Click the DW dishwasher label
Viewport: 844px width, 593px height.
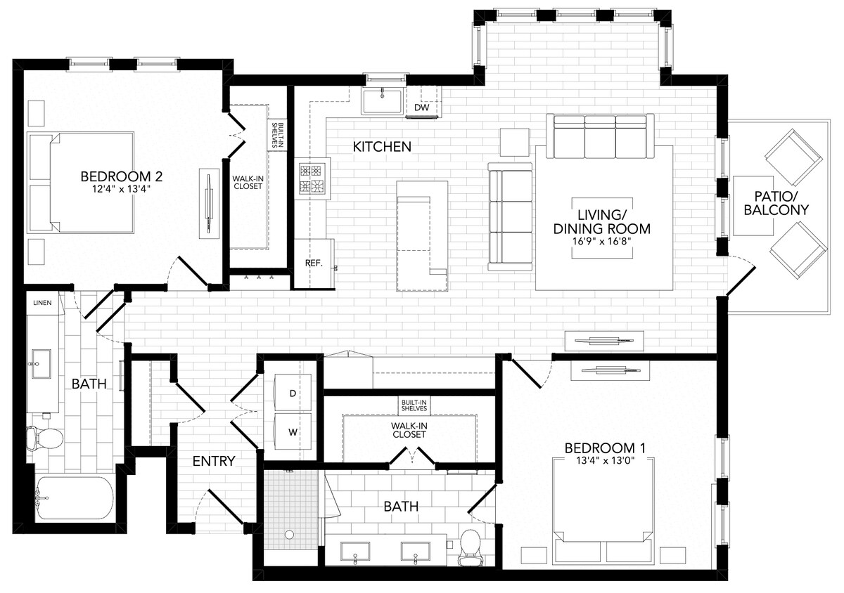(421, 108)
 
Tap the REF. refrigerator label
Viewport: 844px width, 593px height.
(314, 263)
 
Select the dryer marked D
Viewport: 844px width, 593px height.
(293, 393)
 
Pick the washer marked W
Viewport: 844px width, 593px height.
(293, 431)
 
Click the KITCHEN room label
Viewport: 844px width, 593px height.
(382, 147)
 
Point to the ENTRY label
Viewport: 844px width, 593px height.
(214, 461)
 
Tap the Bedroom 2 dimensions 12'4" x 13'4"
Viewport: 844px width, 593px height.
(115, 189)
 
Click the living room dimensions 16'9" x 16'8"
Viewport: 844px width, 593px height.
(601, 241)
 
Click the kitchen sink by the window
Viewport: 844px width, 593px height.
(382, 101)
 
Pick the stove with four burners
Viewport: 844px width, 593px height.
(312, 178)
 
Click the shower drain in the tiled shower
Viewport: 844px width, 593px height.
(289, 535)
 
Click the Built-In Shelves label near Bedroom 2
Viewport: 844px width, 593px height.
(279, 134)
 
